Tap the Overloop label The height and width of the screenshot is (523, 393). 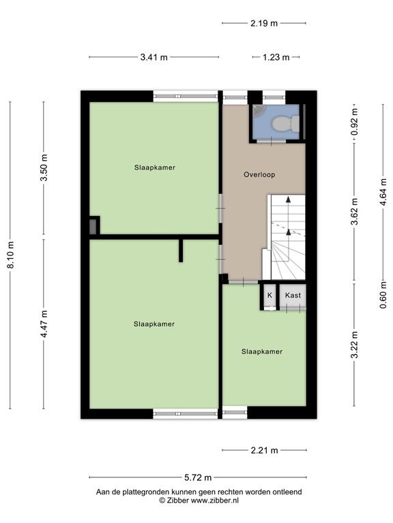point(259,175)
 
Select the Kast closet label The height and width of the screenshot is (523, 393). point(293,296)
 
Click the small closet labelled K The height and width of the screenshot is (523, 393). point(270,296)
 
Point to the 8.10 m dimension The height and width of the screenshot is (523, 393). point(10,255)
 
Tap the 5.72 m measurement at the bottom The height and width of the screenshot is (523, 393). point(198,477)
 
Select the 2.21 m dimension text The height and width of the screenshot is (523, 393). point(264,450)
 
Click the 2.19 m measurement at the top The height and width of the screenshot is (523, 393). point(264,23)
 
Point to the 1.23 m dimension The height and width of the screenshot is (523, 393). point(276,58)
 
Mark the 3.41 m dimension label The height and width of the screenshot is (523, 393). point(154,58)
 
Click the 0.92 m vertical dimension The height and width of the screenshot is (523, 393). point(354,123)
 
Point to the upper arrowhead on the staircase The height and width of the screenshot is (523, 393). point(288,200)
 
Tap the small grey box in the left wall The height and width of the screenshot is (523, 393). point(93,225)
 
